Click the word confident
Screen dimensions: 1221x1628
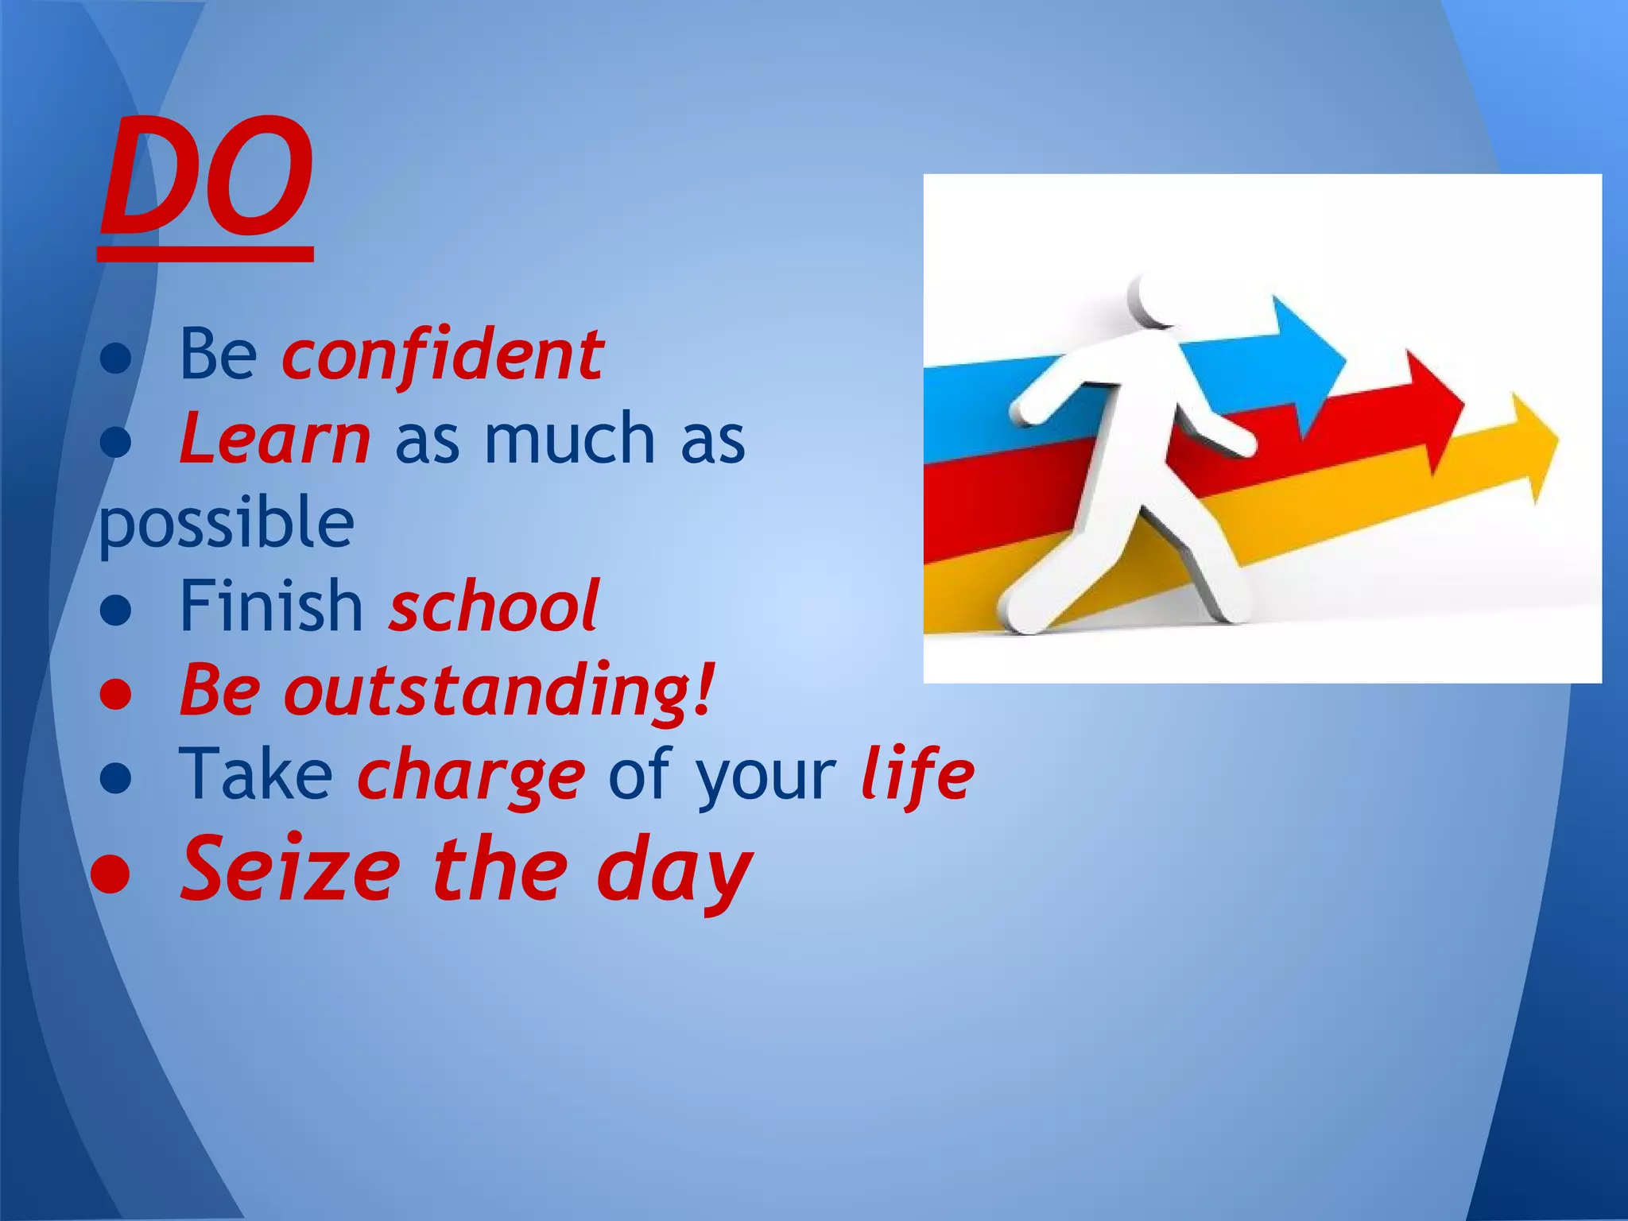443,355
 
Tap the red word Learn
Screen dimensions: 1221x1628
274,439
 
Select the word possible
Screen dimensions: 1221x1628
227,525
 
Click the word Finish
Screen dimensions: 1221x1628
271,606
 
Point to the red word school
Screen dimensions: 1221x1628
493,606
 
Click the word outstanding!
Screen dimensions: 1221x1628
499,690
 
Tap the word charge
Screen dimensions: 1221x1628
471,774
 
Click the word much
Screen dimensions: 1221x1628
569,439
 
